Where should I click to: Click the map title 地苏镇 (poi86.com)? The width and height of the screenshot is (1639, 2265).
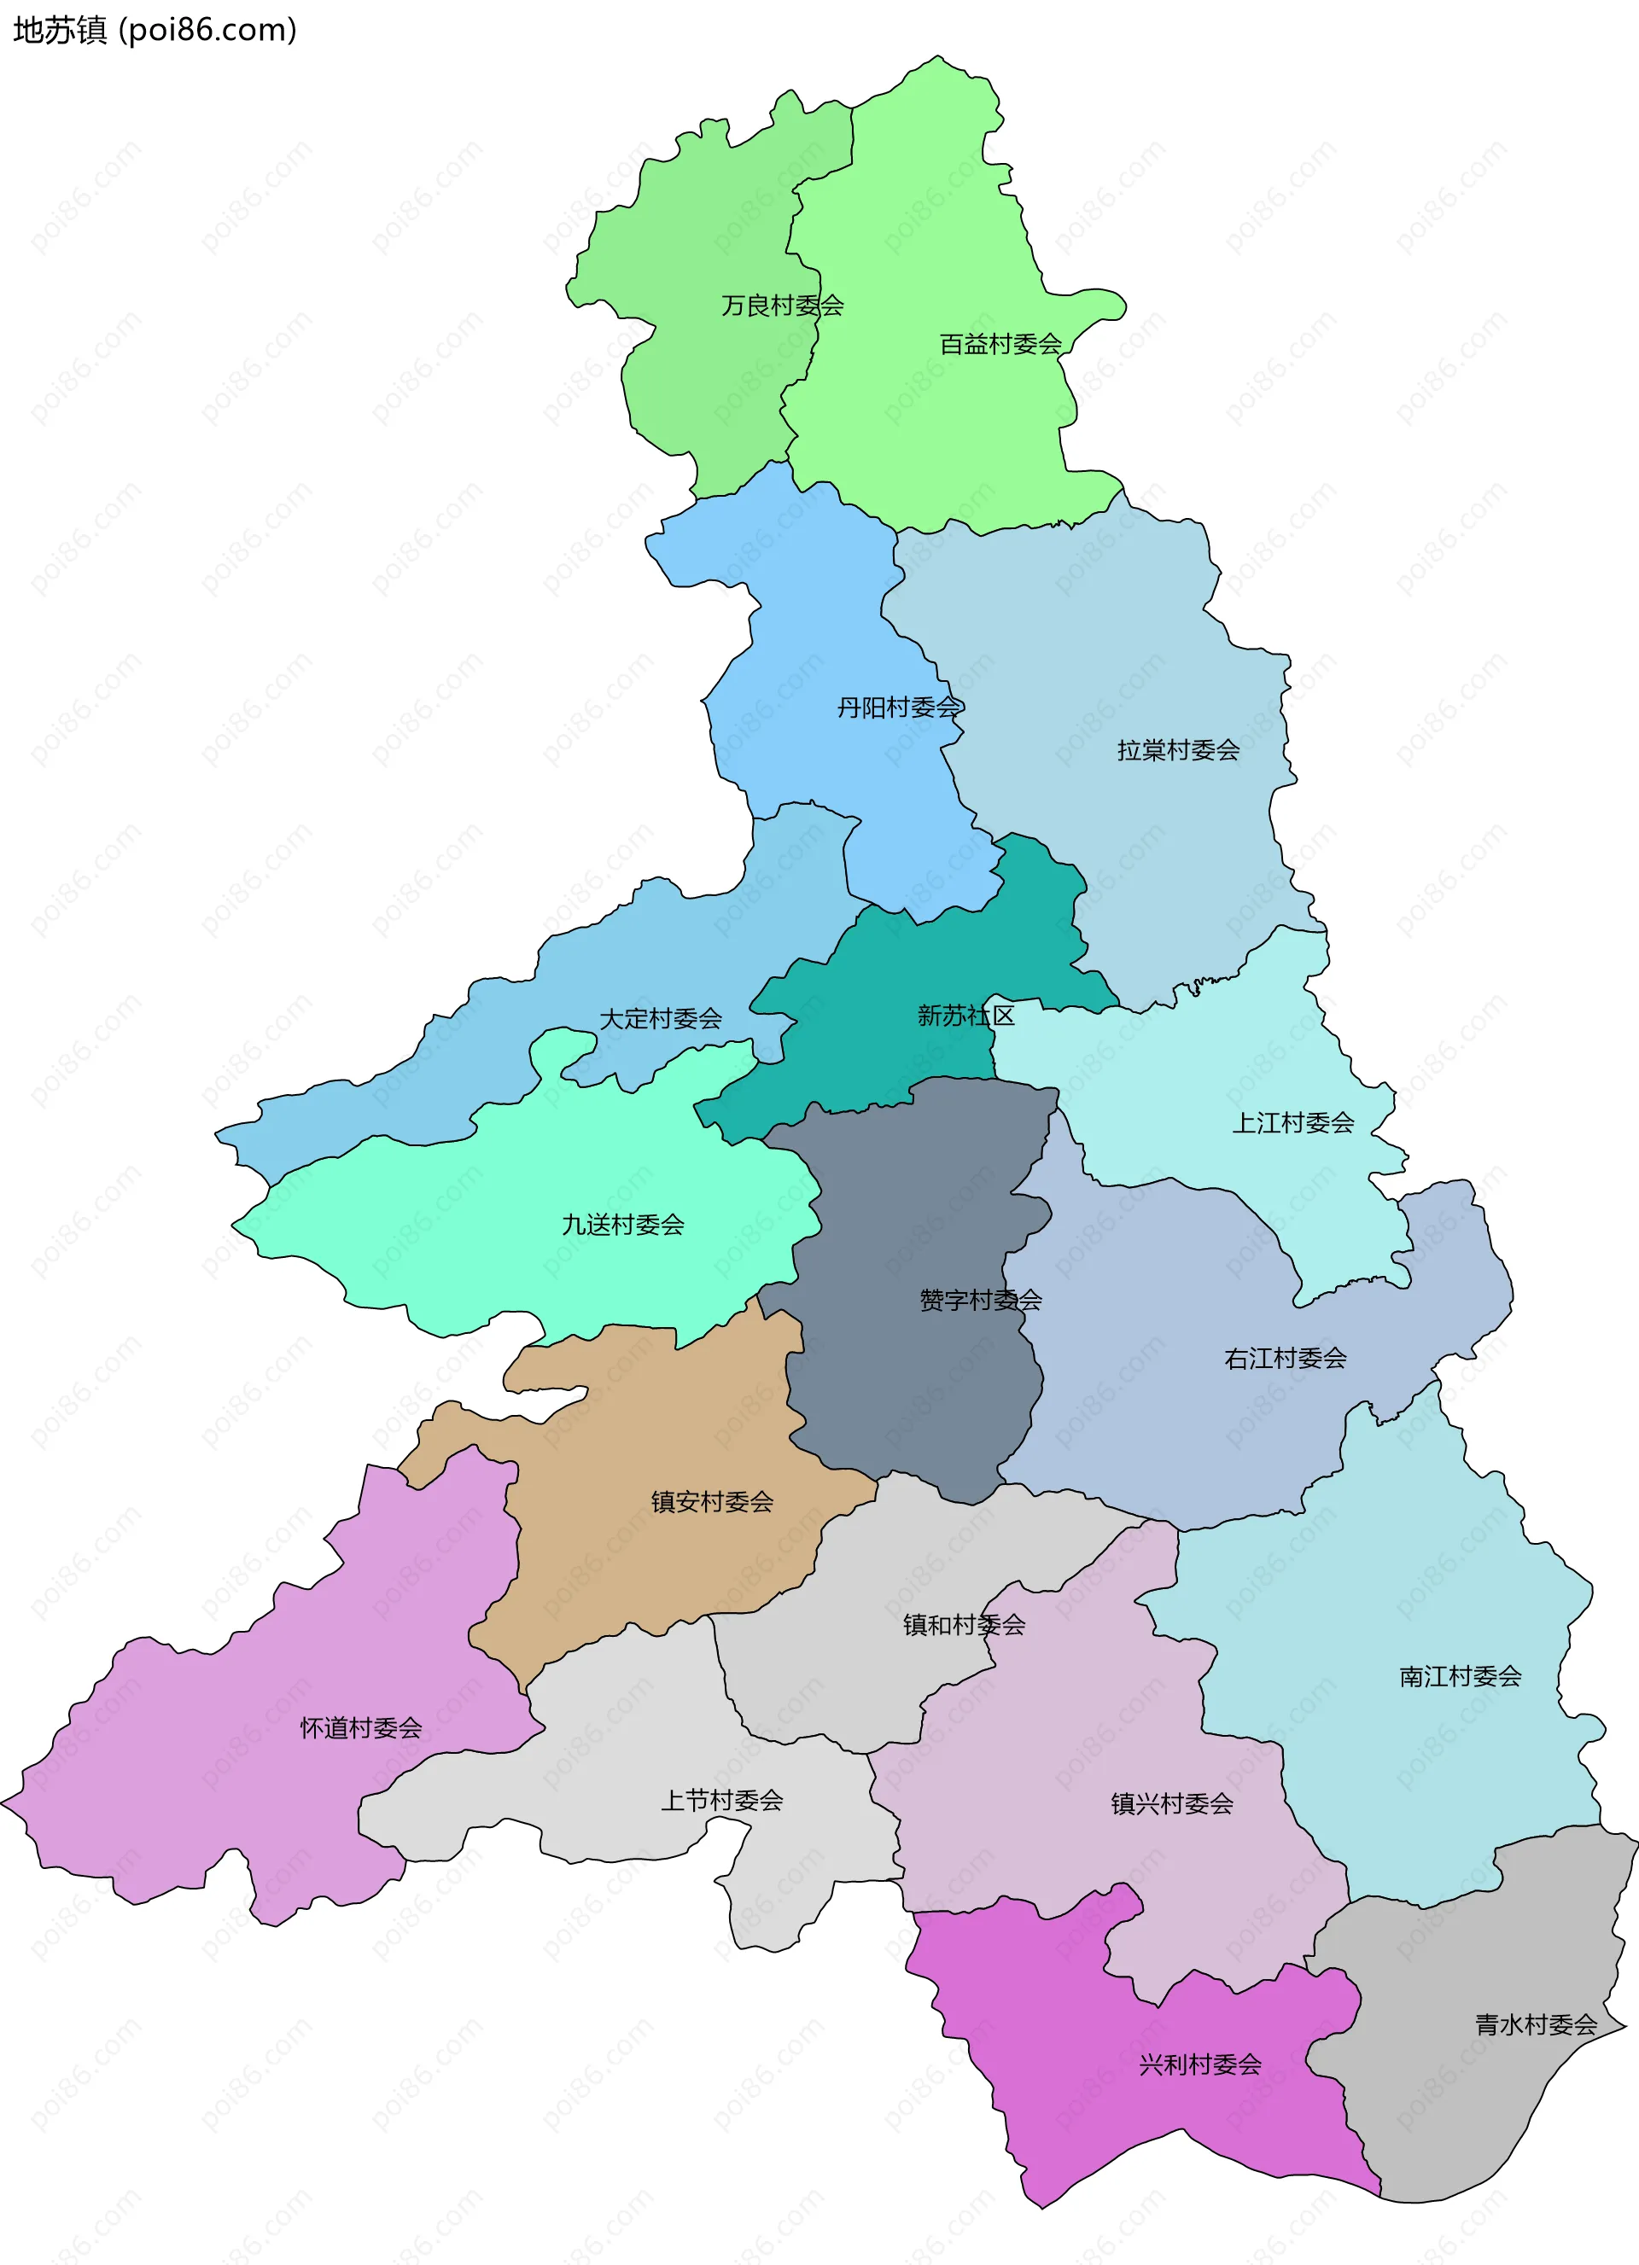(155, 30)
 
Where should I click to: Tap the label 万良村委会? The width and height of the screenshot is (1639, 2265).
(782, 306)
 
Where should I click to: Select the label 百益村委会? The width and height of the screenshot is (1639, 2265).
(1000, 345)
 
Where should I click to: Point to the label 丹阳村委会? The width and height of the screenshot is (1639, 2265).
(898, 708)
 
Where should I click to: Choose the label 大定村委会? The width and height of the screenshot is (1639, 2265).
(660, 1019)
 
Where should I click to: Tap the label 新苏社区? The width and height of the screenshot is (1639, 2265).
(965, 1016)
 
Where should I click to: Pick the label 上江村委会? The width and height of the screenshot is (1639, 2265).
(1292, 1122)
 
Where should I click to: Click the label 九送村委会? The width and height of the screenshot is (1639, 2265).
(622, 1225)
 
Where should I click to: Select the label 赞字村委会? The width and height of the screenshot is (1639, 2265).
(980, 1299)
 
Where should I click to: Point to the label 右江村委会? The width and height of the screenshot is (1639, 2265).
(1285, 1358)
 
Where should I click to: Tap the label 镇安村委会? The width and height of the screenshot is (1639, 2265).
(711, 1501)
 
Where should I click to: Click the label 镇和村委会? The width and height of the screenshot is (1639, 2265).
(964, 1625)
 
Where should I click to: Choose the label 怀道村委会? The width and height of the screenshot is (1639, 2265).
(360, 1727)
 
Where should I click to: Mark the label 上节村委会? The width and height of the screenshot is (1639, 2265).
(721, 1801)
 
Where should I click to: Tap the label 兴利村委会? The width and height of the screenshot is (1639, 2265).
(1199, 2064)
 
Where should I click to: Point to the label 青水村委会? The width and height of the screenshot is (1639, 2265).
(1536, 2024)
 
